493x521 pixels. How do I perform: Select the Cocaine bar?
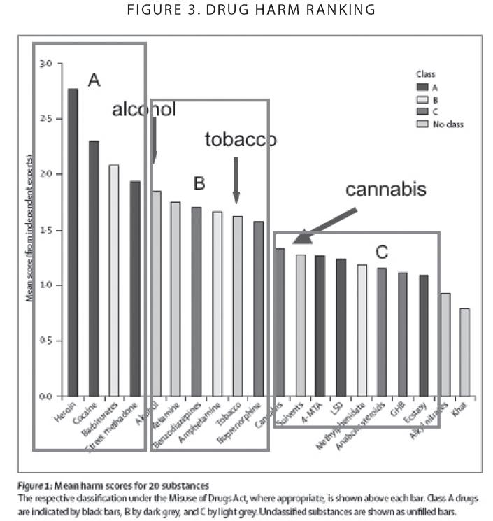(x=94, y=269)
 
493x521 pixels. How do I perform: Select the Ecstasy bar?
(x=422, y=335)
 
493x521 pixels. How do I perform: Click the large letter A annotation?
(x=94, y=80)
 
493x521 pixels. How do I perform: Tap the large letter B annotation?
(x=199, y=184)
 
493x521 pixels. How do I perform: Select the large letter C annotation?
(x=381, y=252)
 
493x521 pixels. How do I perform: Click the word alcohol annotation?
(x=143, y=109)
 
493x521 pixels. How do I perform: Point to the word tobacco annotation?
(x=241, y=140)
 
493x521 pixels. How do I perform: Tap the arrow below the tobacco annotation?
(x=236, y=180)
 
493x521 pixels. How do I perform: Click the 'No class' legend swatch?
(x=422, y=124)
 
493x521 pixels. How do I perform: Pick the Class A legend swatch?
(x=422, y=87)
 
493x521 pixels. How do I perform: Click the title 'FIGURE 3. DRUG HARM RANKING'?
(x=247, y=10)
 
